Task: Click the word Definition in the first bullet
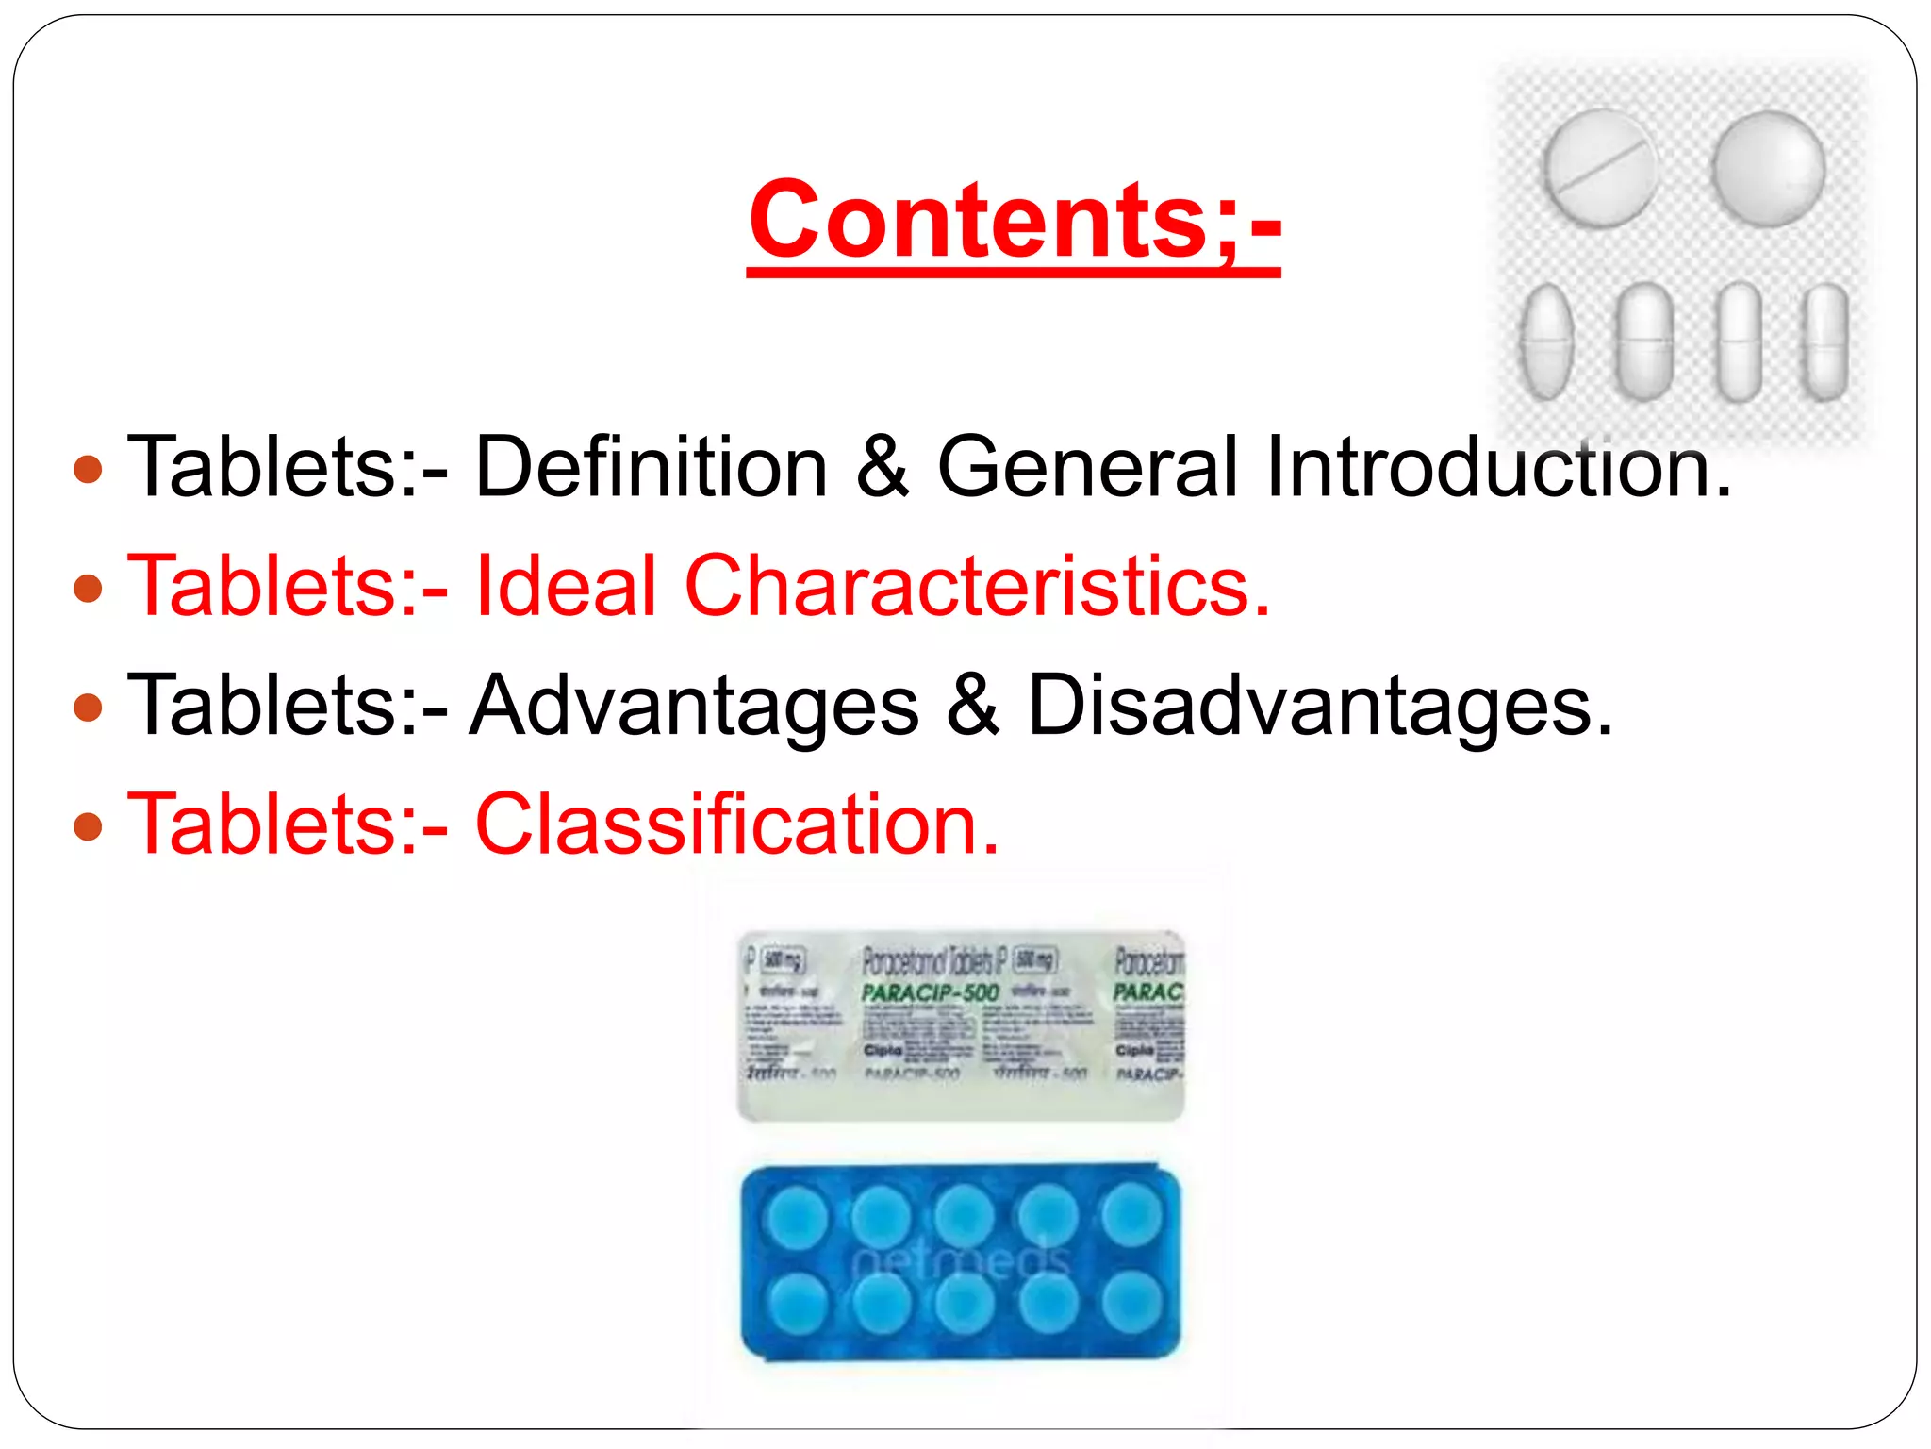pos(651,466)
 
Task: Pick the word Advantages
pos(694,706)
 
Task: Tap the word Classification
pos(735,824)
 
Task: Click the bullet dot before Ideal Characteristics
pos(88,588)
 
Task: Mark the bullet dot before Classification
pos(88,826)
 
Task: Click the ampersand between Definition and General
pos(883,466)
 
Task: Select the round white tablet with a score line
pos(1600,168)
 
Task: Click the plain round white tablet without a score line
pos(1769,168)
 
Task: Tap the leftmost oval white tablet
pos(1547,341)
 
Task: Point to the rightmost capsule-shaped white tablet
pos(1824,341)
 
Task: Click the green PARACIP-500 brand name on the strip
pos(930,992)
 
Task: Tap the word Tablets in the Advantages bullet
pos(272,706)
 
